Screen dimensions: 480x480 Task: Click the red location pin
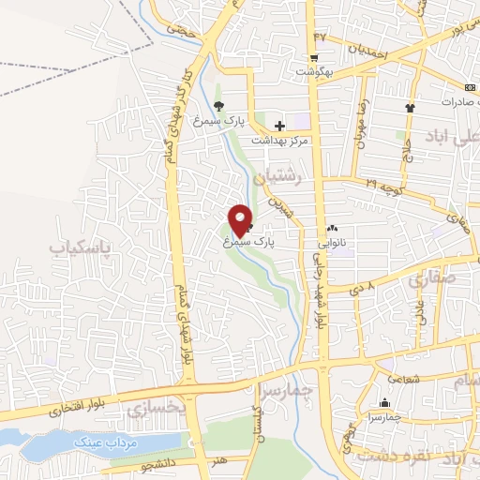pos(240,220)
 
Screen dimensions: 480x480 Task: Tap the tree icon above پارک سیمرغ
pos(218,106)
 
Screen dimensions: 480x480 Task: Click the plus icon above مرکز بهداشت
pos(279,126)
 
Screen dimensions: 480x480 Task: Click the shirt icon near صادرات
pos(409,107)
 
